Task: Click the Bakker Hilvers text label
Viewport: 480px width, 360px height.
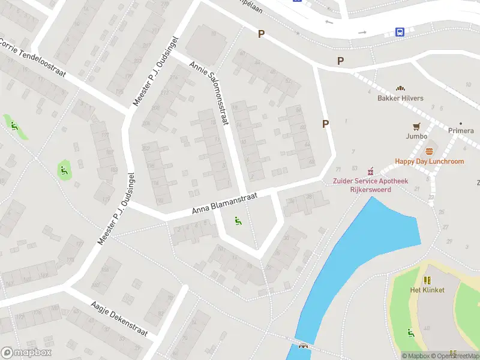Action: click(400, 98)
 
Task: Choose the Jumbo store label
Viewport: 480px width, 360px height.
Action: click(416, 136)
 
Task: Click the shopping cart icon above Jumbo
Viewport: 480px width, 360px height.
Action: click(416, 126)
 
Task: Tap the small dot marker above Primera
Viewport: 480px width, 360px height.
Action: click(461, 122)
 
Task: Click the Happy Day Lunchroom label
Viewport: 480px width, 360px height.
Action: click(429, 161)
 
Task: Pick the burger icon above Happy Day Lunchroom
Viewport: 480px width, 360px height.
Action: click(429, 151)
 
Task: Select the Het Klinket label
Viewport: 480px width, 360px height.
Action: click(427, 290)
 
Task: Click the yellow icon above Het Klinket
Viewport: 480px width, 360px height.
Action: click(427, 280)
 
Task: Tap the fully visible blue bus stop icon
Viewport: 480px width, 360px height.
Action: click(400, 32)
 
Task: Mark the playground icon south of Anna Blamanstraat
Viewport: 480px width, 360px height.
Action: click(238, 223)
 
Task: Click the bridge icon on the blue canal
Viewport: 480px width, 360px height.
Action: click(303, 346)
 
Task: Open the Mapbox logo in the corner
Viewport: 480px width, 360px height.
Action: click(26, 353)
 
